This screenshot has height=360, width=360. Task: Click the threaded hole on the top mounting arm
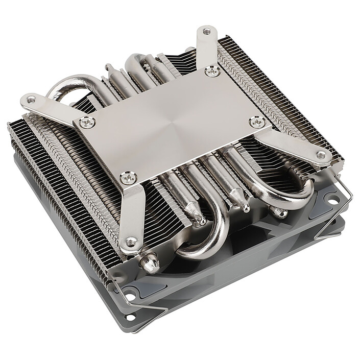click(206, 31)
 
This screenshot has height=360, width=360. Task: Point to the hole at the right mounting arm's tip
click(320, 155)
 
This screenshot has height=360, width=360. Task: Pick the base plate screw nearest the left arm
click(86, 123)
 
